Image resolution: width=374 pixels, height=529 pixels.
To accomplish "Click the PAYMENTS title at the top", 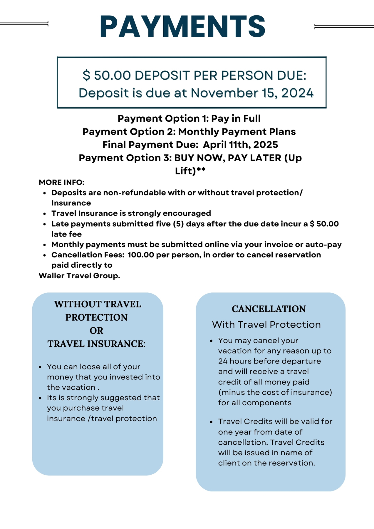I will point(182,27).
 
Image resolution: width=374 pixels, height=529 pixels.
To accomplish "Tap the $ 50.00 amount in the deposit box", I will point(106,76).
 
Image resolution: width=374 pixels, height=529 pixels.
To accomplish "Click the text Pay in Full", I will point(236,118).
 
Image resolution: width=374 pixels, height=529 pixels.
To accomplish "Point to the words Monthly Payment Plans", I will point(237,132).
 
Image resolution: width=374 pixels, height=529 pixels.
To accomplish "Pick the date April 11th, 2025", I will point(240,145).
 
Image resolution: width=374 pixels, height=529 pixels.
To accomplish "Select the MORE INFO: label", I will point(62,182).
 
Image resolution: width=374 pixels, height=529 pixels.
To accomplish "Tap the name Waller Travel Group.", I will point(79,276).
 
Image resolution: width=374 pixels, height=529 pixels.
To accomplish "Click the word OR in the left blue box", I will point(96,331).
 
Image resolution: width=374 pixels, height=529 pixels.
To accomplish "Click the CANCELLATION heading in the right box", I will point(269,309).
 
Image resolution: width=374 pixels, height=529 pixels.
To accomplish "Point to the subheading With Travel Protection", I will point(266,324).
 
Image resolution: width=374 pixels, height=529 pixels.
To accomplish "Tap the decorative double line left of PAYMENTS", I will point(24,24).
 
